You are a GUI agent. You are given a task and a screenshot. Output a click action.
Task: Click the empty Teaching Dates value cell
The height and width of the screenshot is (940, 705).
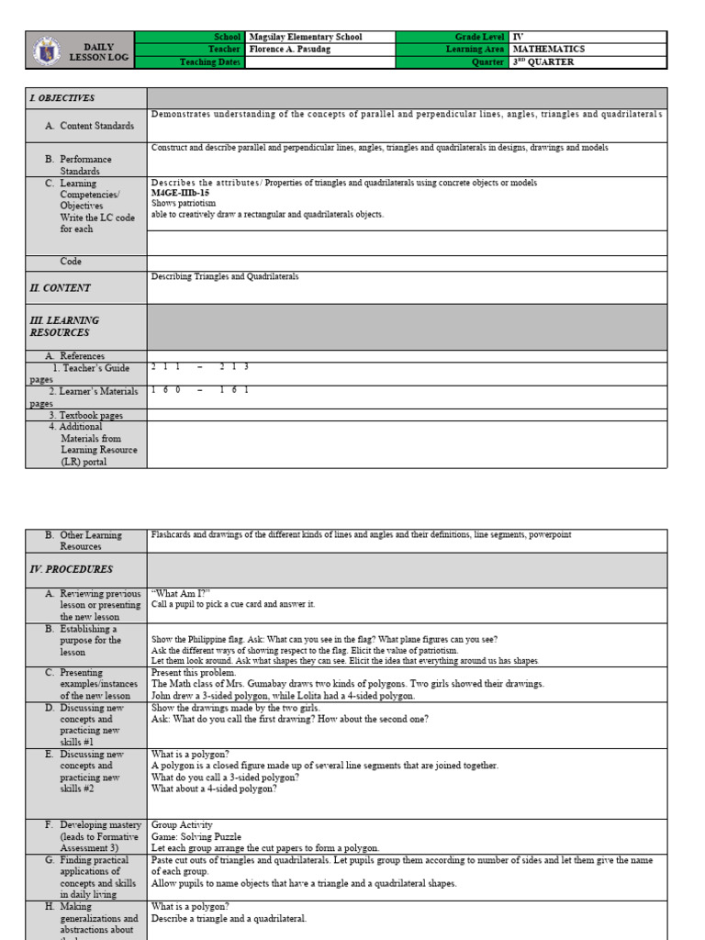(x=319, y=62)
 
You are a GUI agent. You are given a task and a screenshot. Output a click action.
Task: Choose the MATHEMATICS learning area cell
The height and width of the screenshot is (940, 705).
(x=549, y=50)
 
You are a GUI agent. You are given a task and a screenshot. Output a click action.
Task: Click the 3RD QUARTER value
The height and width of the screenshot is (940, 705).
(x=543, y=62)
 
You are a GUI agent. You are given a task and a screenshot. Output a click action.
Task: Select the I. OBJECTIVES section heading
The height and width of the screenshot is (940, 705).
(x=62, y=98)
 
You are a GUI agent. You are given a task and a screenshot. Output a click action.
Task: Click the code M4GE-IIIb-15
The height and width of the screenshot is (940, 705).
(x=173, y=194)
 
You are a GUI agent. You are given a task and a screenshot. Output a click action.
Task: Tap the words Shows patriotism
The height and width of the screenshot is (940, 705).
(x=184, y=204)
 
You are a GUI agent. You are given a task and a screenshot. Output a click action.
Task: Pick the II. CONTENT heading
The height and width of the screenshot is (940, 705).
(x=60, y=287)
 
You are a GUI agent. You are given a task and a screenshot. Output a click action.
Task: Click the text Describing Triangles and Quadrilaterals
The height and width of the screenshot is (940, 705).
(x=225, y=276)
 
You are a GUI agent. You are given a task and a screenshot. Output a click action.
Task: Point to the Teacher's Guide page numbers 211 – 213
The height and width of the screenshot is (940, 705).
(x=200, y=367)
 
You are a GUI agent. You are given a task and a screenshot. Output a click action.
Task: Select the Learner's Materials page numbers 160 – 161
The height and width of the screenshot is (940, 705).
(x=200, y=390)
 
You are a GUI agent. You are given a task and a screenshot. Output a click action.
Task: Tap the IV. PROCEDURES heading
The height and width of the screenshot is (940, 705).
(x=71, y=569)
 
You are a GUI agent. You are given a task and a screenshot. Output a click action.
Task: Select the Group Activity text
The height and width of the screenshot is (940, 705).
(x=182, y=825)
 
